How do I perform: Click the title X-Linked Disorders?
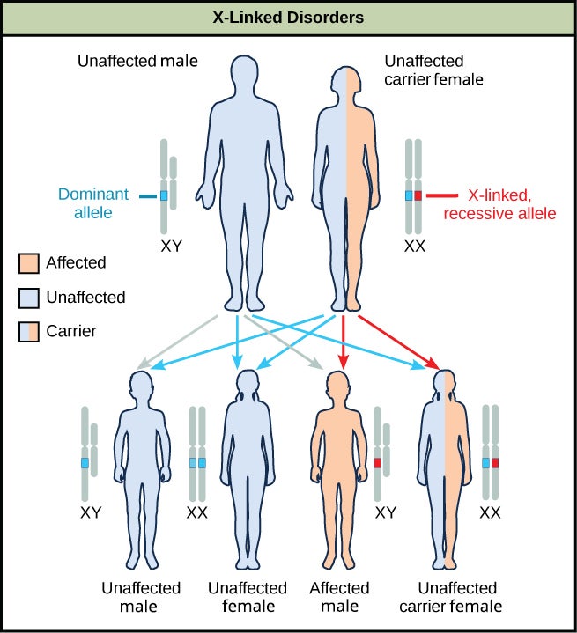288,18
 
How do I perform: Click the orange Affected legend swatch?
28,263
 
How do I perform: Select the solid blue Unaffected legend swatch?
28,298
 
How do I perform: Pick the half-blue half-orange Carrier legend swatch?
28,331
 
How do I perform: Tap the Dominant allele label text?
93,202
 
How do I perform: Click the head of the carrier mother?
345,73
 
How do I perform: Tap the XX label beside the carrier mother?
414,247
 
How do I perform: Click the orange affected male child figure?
339,467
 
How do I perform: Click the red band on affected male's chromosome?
378,462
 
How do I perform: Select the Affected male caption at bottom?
339,597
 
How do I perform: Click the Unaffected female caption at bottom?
247,597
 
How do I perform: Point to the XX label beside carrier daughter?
491,512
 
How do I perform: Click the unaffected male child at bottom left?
142,467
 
